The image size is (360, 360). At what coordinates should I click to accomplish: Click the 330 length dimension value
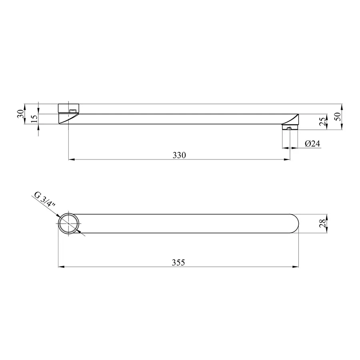[x=179, y=155]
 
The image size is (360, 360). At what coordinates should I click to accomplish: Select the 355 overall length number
[x=178, y=262]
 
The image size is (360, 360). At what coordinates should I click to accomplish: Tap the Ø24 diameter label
[x=312, y=144]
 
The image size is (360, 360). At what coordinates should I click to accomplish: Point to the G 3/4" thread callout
[x=45, y=199]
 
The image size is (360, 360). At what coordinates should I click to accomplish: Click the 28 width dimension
[x=322, y=223]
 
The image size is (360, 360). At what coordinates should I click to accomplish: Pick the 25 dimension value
[x=322, y=122]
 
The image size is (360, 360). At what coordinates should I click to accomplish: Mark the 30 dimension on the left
[x=20, y=114]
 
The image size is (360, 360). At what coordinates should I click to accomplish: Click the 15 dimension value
[x=34, y=119]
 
